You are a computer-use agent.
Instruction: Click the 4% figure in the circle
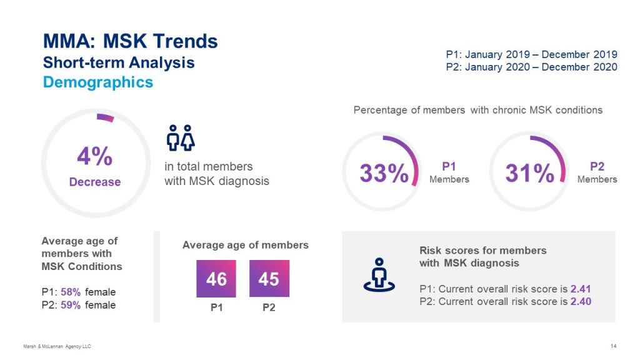[x=94, y=157]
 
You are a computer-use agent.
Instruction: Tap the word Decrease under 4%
[x=94, y=182]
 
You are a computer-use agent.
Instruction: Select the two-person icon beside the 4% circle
[x=181, y=137]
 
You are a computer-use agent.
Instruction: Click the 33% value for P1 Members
[x=384, y=173]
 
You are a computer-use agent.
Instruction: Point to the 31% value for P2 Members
[x=530, y=173]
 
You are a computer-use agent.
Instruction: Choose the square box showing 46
[x=216, y=279]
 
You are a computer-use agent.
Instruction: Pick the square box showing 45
[x=269, y=279]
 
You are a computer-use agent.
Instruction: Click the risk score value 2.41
[x=581, y=289]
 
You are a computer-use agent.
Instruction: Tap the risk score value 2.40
[x=581, y=301]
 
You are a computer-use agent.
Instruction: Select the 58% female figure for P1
[x=71, y=292]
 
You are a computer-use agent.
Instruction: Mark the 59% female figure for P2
[x=71, y=305]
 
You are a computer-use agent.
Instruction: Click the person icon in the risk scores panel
[x=379, y=275]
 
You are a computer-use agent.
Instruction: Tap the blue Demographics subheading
[x=97, y=82]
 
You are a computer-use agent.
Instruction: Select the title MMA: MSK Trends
[x=130, y=42]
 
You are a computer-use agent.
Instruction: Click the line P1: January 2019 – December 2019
[x=531, y=54]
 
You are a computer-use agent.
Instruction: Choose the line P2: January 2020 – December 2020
[x=531, y=67]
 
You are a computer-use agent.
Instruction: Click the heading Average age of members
[x=246, y=245]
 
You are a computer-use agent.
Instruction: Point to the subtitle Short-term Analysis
[x=119, y=62]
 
